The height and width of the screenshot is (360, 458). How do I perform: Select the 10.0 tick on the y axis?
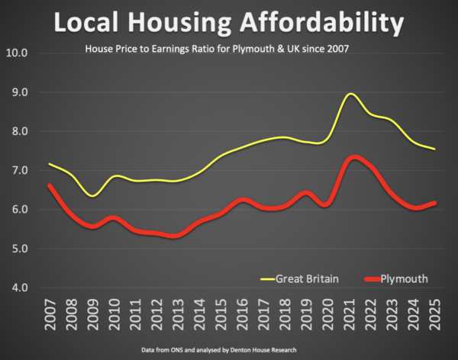17,53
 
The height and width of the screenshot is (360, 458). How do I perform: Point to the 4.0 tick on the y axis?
17,288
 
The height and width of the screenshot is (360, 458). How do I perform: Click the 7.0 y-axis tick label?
17,170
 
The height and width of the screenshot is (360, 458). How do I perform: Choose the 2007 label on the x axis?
50,313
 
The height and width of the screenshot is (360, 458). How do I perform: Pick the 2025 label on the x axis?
434,313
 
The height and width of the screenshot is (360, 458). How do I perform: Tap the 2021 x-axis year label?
349,313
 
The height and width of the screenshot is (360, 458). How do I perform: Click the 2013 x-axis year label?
178,313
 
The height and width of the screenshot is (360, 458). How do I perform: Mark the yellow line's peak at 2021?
350,94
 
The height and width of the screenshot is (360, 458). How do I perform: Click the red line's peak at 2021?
352,158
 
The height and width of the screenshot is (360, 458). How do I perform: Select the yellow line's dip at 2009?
93,195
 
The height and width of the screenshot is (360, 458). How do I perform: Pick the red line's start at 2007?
50,185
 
